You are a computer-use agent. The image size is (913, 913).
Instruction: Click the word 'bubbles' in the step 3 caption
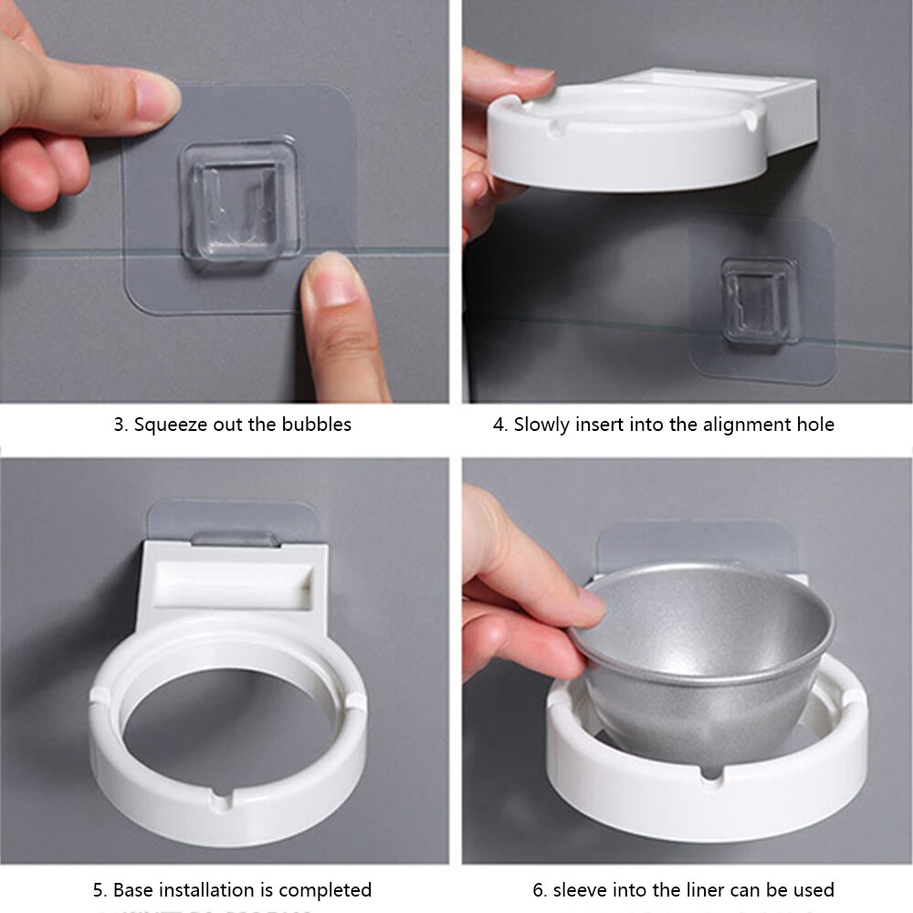coord(317,425)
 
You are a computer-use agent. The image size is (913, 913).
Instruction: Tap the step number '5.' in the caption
coord(100,889)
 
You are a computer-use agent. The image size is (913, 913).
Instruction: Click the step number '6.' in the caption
coord(540,889)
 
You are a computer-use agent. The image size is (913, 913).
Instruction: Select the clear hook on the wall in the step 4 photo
coord(760,300)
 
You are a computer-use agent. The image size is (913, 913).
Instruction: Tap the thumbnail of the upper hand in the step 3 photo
coord(156,97)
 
